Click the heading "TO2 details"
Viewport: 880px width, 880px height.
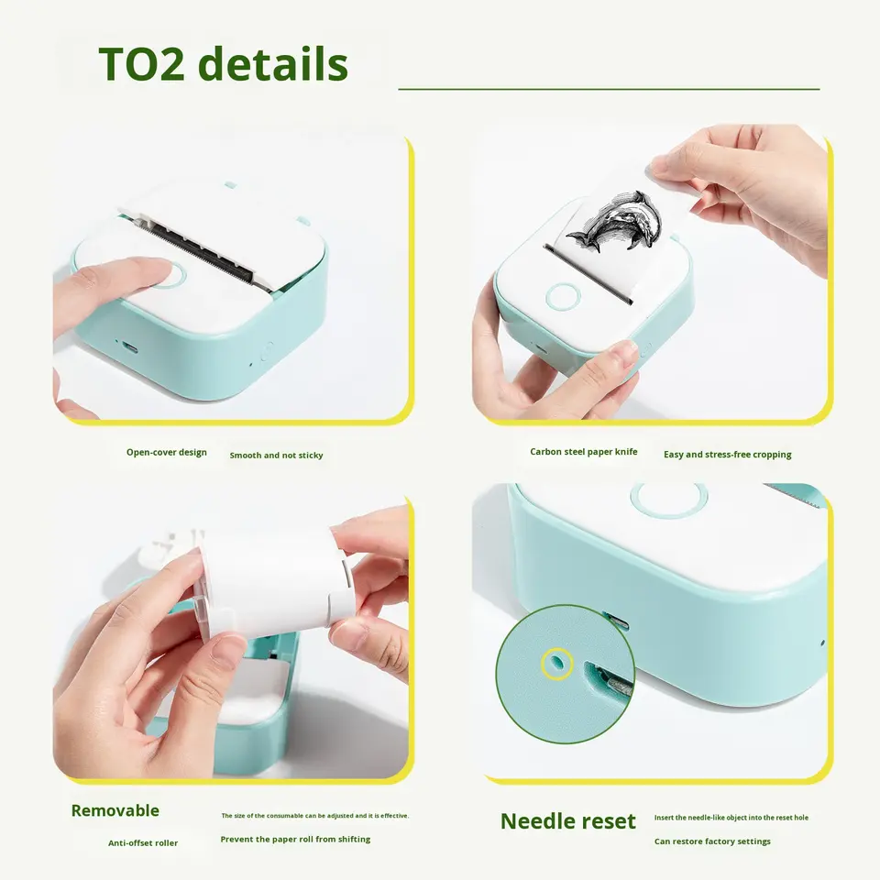224,64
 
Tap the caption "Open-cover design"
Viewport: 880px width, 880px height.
167,452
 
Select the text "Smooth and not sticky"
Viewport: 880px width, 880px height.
276,456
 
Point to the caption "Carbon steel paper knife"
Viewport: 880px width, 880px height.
584,452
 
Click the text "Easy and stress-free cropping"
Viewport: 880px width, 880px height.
727,455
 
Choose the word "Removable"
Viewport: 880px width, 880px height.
115,810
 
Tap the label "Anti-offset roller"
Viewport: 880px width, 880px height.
143,843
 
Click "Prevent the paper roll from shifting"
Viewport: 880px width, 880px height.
295,840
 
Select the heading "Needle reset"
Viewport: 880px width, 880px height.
568,821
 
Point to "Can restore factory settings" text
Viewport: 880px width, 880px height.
712,841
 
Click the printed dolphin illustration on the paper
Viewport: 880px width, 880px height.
614,221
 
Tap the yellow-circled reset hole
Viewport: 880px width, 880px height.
556,664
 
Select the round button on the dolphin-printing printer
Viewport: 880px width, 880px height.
563,297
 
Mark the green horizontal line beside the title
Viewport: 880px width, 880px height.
609,89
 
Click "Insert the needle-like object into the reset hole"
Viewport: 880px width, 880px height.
731,818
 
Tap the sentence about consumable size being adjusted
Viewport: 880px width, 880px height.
314,816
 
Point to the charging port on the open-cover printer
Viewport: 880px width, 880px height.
130,348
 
